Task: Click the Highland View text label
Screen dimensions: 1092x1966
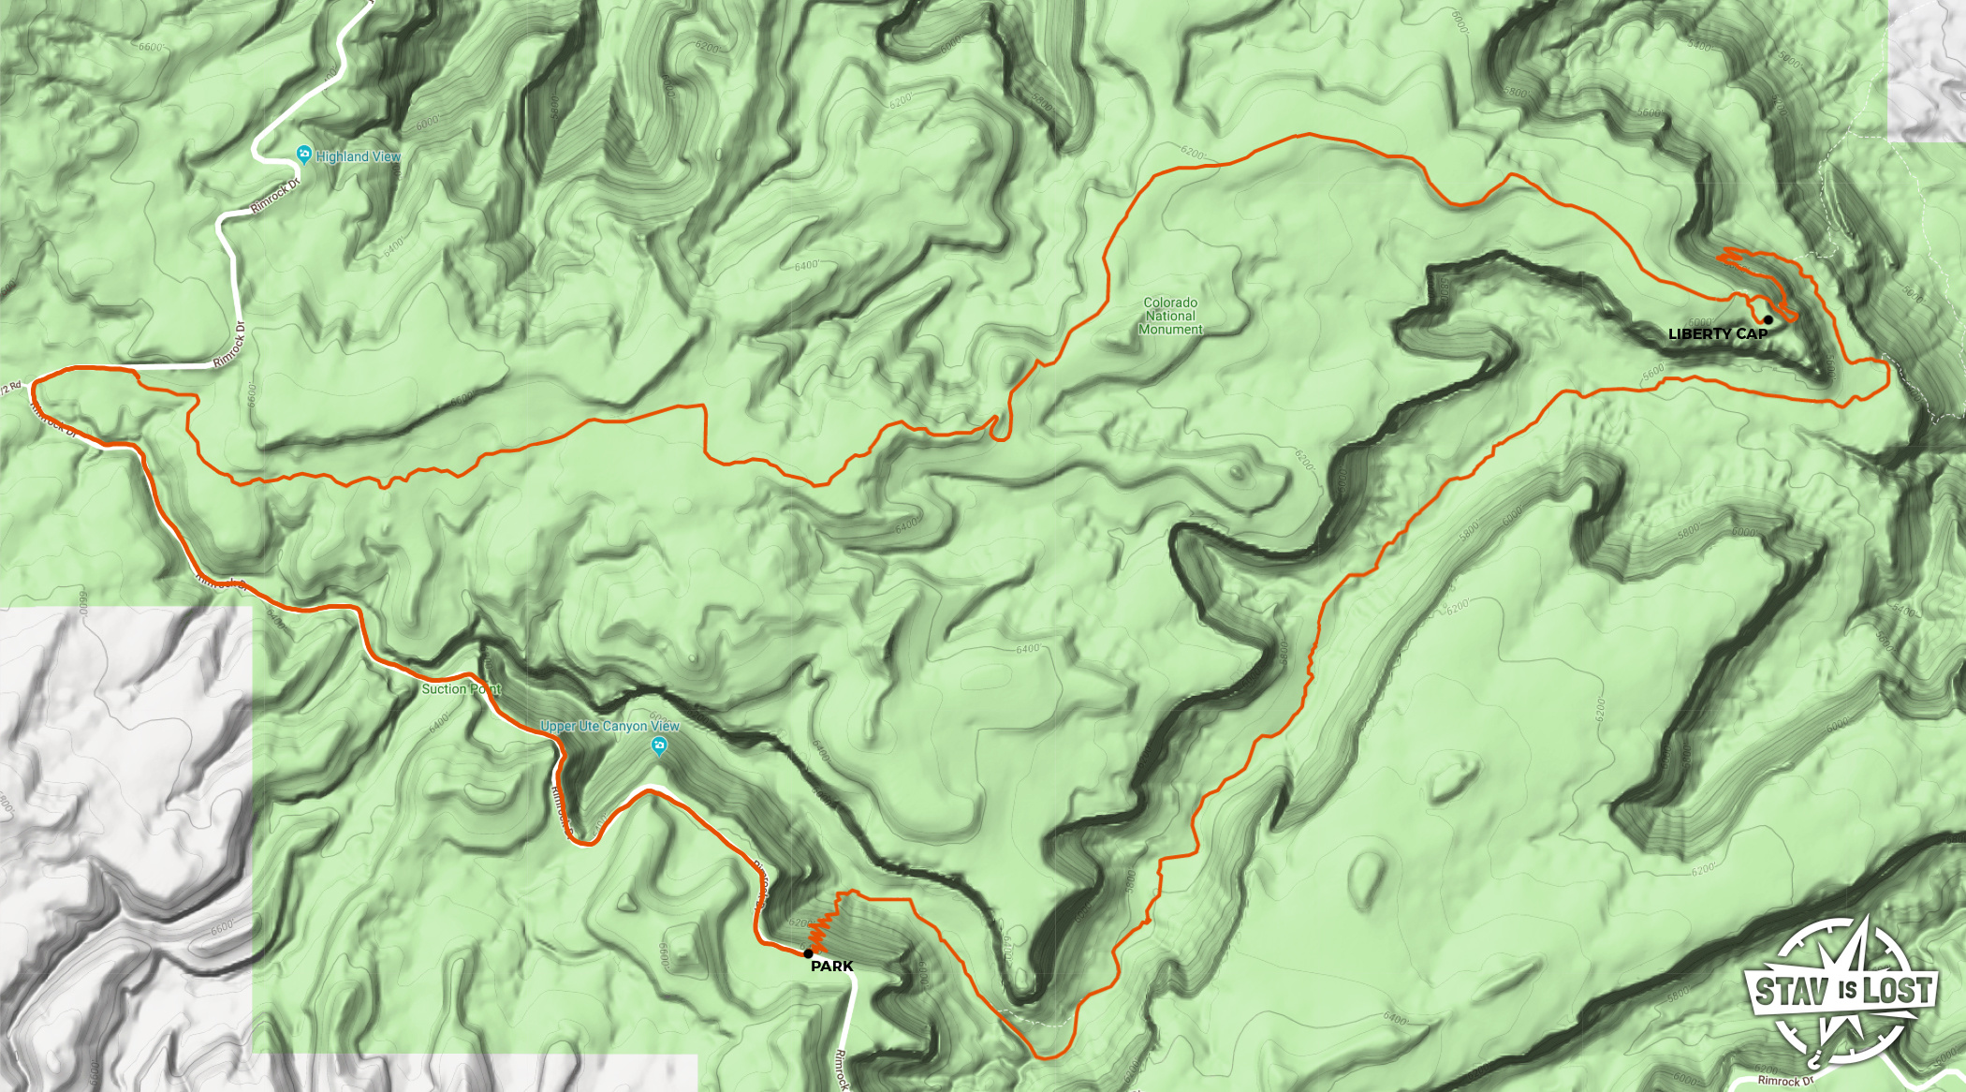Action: click(x=359, y=156)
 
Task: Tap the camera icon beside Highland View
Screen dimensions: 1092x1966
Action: click(x=303, y=154)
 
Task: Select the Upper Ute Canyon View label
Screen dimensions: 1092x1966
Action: click(x=609, y=726)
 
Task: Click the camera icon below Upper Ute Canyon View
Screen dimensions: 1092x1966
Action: click(x=659, y=746)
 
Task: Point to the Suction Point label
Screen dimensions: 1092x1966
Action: click(x=461, y=688)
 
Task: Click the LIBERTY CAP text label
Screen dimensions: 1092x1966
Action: click(x=1717, y=333)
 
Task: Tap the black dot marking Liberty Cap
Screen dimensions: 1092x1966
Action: click(x=1768, y=320)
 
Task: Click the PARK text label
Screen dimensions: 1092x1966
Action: click(x=831, y=966)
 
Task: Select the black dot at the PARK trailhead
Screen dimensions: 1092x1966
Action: click(x=808, y=953)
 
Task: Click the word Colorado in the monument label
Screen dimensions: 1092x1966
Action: click(x=1170, y=303)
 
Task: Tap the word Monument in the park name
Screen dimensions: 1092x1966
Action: click(x=1170, y=330)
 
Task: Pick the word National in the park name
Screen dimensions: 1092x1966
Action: click(x=1170, y=316)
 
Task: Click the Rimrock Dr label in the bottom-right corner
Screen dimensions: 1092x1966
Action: click(x=1785, y=1081)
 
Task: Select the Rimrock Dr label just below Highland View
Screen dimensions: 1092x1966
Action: click(x=275, y=195)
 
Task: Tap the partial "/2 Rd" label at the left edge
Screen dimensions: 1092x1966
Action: click(x=11, y=388)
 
